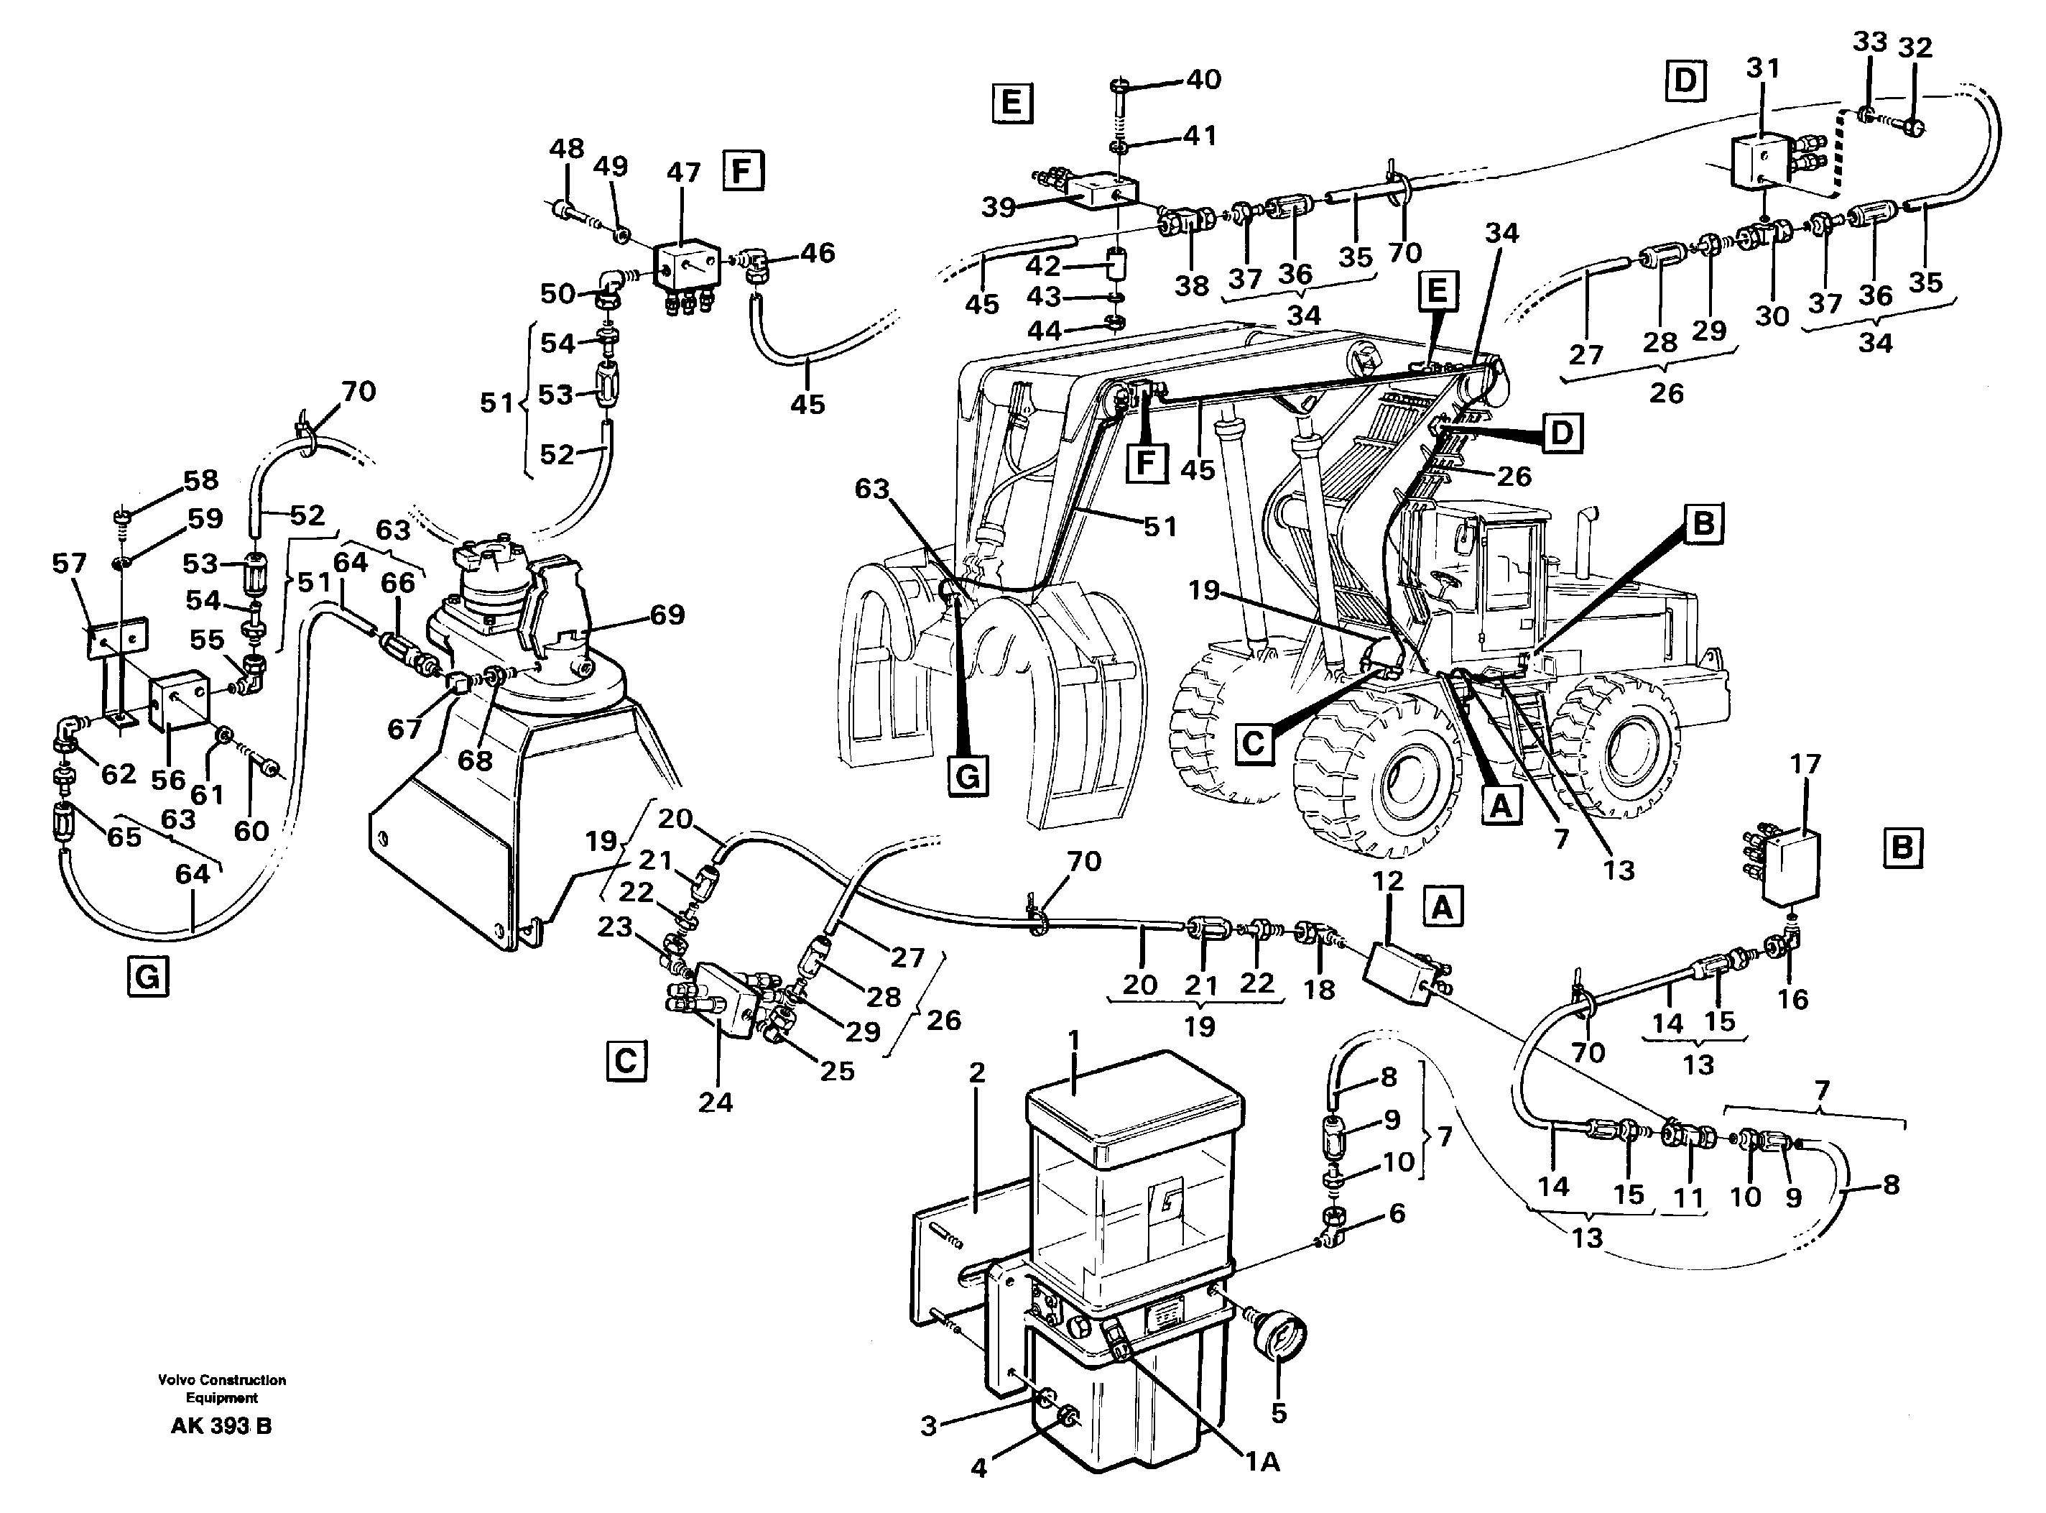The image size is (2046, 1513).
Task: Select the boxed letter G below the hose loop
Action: tap(148, 978)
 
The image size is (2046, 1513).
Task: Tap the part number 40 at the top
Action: tap(1204, 80)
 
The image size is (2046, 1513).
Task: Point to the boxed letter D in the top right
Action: tap(1685, 81)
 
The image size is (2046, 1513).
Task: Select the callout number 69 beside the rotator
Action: tap(667, 615)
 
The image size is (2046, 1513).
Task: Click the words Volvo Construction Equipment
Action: tap(221, 1389)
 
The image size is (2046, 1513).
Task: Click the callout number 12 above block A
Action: tap(1389, 881)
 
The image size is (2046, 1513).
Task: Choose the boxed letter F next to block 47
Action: tap(742, 171)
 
